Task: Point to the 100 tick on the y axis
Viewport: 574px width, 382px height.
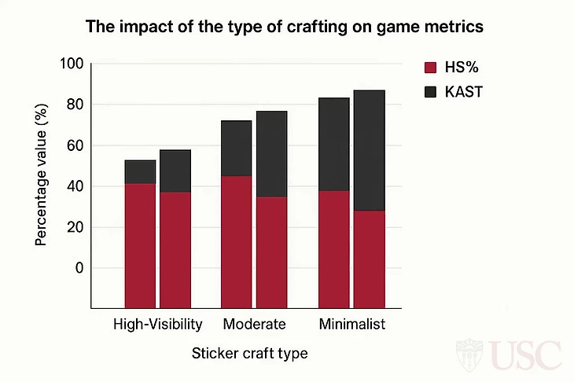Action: pyautogui.click(x=72, y=64)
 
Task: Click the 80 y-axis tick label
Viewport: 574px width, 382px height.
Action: pyautogui.click(x=74, y=105)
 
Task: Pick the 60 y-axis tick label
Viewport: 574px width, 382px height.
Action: pyautogui.click(x=74, y=145)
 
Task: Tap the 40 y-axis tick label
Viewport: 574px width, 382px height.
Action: pyautogui.click(x=74, y=186)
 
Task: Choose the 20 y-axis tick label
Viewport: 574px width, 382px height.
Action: pyautogui.click(x=74, y=227)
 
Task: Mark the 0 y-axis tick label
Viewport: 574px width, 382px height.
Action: pyautogui.click(x=78, y=268)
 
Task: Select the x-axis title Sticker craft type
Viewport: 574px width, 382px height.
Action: pyautogui.click(x=249, y=354)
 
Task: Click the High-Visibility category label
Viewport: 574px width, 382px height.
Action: pyautogui.click(x=158, y=324)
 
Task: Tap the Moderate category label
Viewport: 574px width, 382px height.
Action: pyautogui.click(x=254, y=324)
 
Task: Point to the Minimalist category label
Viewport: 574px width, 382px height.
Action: pyautogui.click(x=351, y=324)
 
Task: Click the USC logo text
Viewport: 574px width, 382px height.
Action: pyautogui.click(x=526, y=355)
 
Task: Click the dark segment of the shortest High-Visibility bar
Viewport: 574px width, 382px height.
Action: pyautogui.click(x=140, y=171)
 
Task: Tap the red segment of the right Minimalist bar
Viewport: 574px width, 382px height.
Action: pyautogui.click(x=369, y=259)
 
